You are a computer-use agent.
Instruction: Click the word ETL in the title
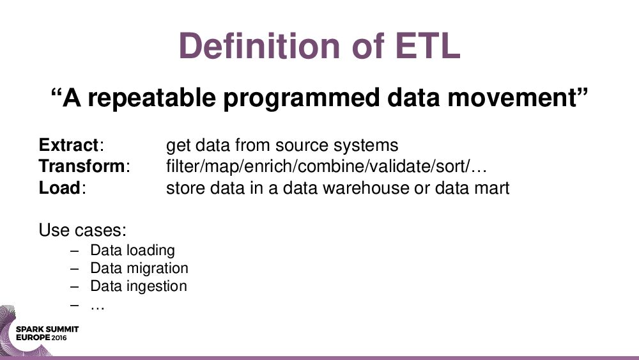point(427,45)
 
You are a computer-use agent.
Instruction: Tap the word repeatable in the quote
point(151,98)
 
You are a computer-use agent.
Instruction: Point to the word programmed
point(302,98)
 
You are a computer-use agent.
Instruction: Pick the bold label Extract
point(68,145)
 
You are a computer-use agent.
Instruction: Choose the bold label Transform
point(82,166)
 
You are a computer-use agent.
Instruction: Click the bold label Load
point(59,188)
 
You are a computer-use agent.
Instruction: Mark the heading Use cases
point(82,230)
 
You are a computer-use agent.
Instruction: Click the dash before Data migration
point(74,269)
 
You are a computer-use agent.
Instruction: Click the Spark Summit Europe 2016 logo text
point(47,333)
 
